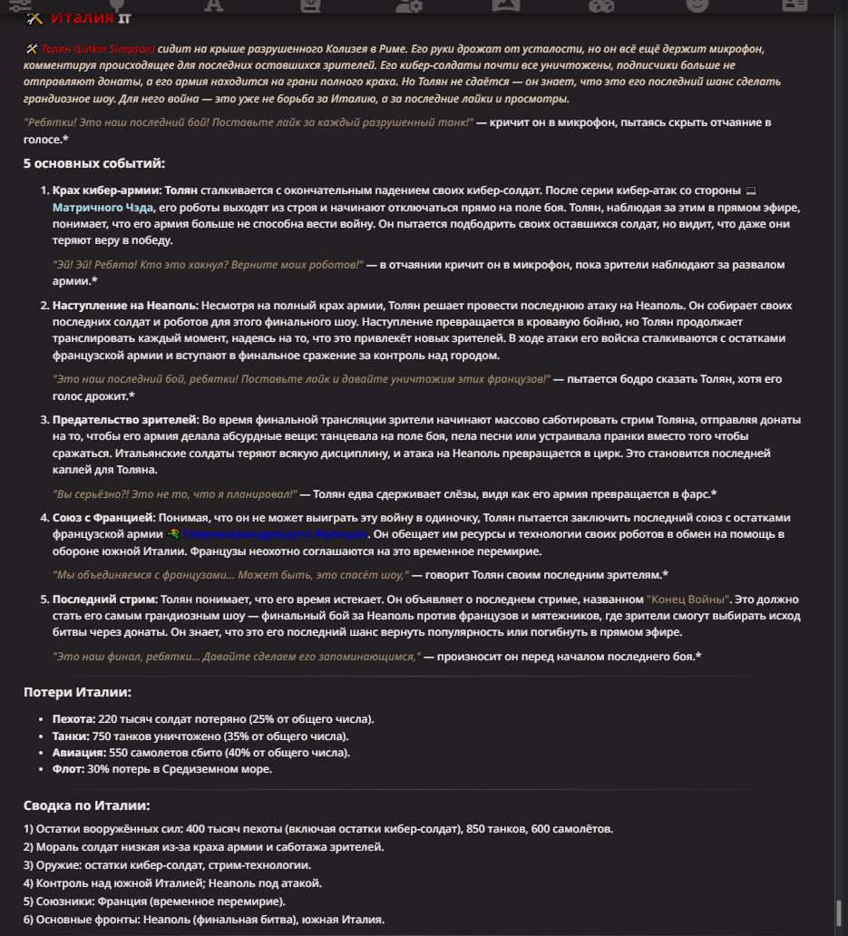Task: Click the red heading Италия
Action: click(82, 18)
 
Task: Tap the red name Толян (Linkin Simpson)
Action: click(98, 48)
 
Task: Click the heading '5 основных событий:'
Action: click(94, 163)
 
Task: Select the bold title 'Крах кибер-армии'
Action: click(106, 191)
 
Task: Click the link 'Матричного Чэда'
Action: click(102, 208)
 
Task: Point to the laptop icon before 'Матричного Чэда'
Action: click(750, 191)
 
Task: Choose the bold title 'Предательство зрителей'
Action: click(124, 420)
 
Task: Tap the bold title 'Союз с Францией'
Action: click(103, 517)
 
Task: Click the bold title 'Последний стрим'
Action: click(104, 600)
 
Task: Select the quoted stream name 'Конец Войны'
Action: click(688, 600)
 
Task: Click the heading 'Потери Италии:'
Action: click(77, 692)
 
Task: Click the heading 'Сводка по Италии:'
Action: click(86, 805)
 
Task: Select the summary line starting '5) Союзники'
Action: click(154, 901)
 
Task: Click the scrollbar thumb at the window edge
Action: click(840, 911)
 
